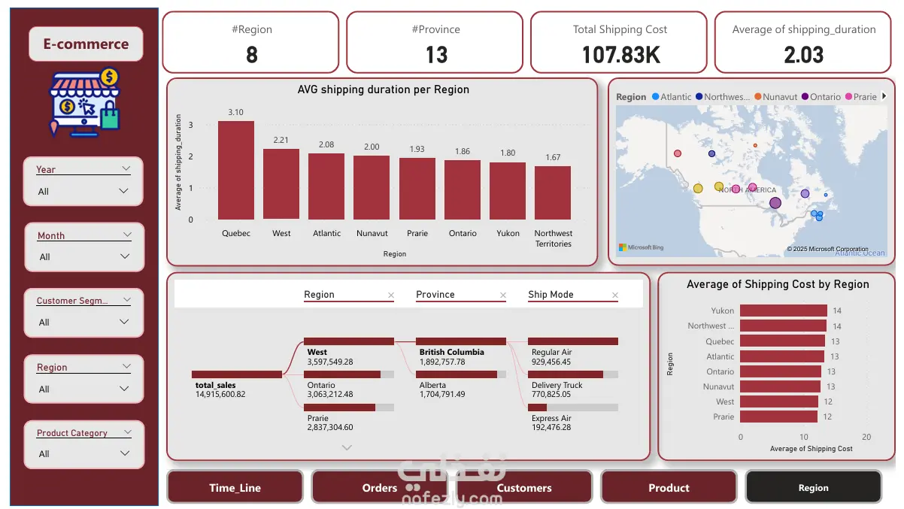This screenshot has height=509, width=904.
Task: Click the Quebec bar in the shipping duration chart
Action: pyautogui.click(x=236, y=170)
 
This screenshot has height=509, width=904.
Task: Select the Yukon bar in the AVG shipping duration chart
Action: pyautogui.click(x=508, y=191)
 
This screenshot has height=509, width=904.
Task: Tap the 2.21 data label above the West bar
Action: pyautogui.click(x=281, y=140)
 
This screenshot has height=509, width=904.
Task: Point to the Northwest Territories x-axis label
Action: pyautogui.click(x=553, y=238)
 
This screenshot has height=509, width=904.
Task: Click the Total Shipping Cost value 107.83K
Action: pyautogui.click(x=618, y=55)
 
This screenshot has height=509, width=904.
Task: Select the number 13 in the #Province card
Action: pyautogui.click(x=436, y=55)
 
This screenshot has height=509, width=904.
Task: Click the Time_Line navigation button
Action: pyautogui.click(x=235, y=487)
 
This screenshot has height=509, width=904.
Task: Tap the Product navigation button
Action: pyautogui.click(x=669, y=487)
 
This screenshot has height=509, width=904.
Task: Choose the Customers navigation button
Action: pyautogui.click(x=524, y=487)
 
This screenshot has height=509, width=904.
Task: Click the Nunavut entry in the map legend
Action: pyautogui.click(x=779, y=97)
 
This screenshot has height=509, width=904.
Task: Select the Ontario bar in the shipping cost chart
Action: pyautogui.click(x=781, y=371)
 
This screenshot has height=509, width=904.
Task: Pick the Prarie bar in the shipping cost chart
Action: pyautogui.click(x=778, y=417)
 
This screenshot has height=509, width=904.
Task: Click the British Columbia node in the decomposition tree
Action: pyautogui.click(x=452, y=352)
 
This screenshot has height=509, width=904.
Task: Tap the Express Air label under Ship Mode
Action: pyautogui.click(x=551, y=418)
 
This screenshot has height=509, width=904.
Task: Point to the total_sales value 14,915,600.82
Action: pyautogui.click(x=220, y=394)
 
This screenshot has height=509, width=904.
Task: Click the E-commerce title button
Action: pyautogui.click(x=86, y=44)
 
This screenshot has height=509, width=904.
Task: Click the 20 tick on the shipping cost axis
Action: pyautogui.click(x=866, y=437)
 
